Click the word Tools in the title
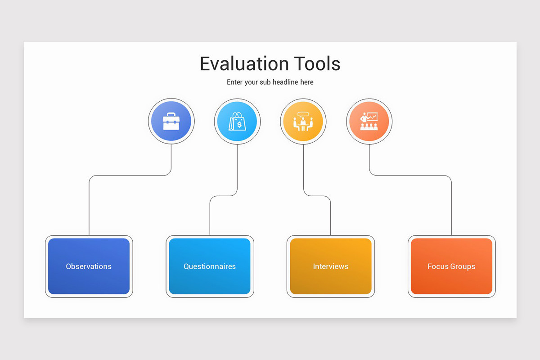click(317, 64)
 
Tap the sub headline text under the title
click(270, 82)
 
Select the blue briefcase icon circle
click(171, 121)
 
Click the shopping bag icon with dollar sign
click(237, 121)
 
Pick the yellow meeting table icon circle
click(303, 121)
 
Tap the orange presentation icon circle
click(369, 121)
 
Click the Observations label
click(89, 266)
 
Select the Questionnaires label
click(210, 266)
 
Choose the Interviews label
click(331, 266)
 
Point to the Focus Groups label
click(451, 266)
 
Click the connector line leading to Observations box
click(89, 207)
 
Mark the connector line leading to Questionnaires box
click(210, 216)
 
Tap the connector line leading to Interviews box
click(331, 216)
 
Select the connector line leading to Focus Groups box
click(451, 207)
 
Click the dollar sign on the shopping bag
click(239, 124)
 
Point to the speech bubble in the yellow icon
click(303, 114)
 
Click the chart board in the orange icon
click(372, 117)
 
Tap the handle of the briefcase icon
click(171, 115)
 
